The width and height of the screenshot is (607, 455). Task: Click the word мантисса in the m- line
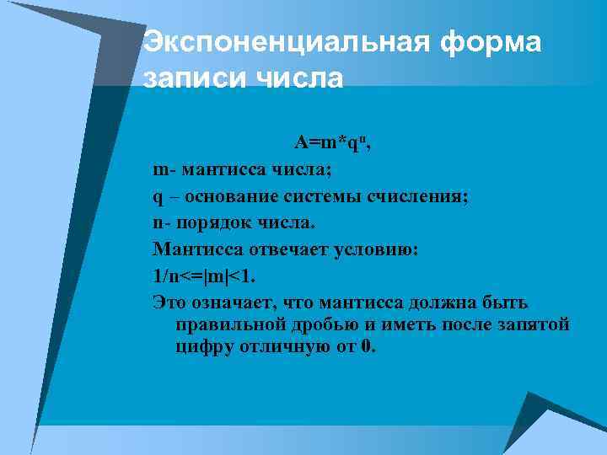pos(222,170)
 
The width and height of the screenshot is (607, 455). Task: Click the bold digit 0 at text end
pos(364,346)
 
